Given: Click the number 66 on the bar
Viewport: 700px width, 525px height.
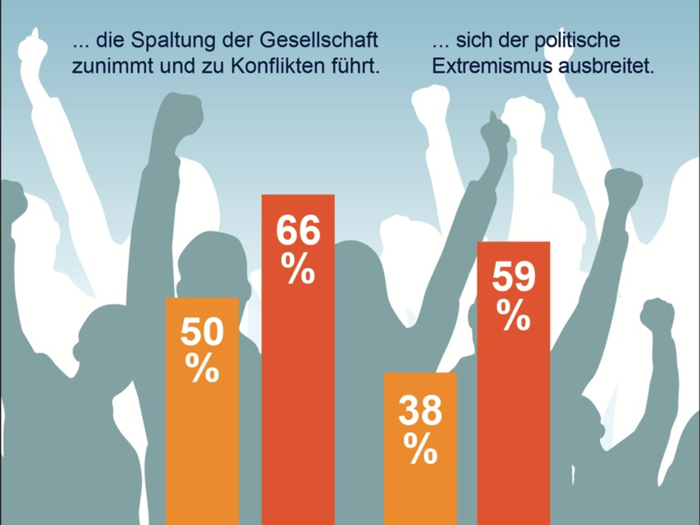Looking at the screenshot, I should (x=298, y=232).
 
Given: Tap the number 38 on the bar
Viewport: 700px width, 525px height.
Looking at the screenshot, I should (x=420, y=411).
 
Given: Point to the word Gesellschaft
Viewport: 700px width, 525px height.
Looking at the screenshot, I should (x=314, y=42).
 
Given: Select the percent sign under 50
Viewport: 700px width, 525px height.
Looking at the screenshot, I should (x=202, y=369).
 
